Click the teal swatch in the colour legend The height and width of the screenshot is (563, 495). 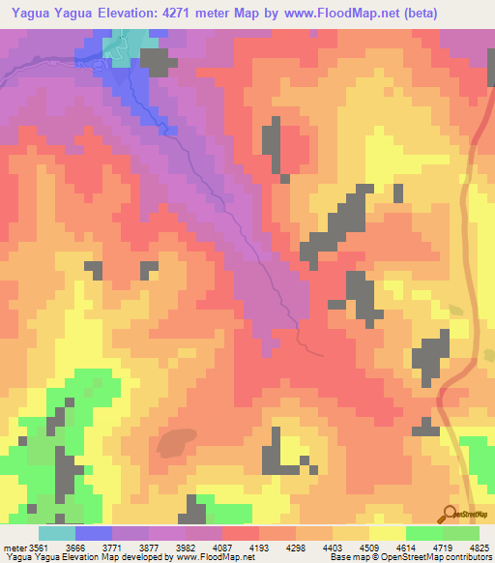[57, 533]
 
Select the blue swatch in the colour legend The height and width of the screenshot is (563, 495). [94, 533]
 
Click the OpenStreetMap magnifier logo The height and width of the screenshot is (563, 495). [450, 515]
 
